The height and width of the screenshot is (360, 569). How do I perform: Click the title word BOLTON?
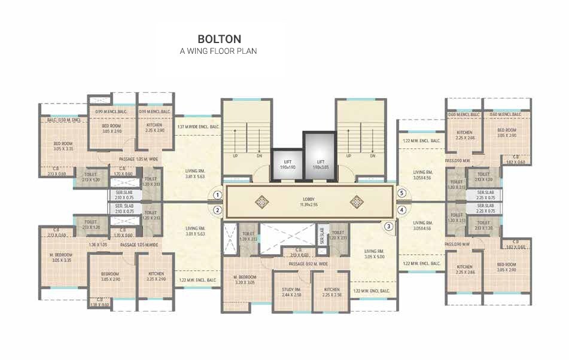(x=219, y=39)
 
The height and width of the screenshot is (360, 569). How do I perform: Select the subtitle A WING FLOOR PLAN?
(x=218, y=51)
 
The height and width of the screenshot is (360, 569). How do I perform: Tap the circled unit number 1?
(x=218, y=195)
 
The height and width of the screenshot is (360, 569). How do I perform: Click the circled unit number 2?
(x=218, y=210)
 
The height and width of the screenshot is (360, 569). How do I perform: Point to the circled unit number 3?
(x=389, y=226)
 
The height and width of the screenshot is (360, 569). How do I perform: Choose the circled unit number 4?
(x=403, y=210)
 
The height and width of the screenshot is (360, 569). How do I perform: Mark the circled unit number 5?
(x=403, y=194)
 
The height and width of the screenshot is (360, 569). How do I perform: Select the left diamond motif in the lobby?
(x=261, y=202)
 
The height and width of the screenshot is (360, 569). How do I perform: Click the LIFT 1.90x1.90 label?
(x=287, y=164)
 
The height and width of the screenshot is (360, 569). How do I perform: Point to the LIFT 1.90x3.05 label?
(x=321, y=164)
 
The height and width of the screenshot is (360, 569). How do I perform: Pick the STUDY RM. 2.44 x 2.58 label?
(x=291, y=292)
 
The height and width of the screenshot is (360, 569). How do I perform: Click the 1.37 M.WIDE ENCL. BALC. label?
(x=199, y=127)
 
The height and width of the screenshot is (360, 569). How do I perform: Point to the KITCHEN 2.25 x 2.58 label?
(x=331, y=292)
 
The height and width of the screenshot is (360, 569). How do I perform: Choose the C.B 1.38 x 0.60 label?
(x=99, y=302)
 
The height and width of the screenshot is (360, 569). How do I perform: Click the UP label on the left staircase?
(x=235, y=156)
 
